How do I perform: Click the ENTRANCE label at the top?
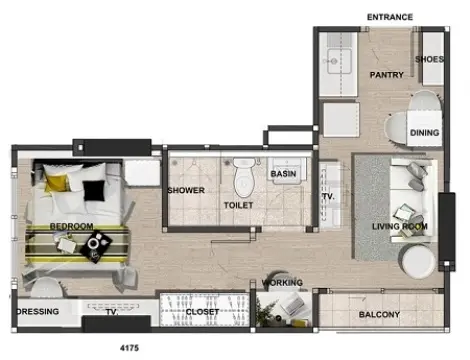pyautogui.click(x=390, y=17)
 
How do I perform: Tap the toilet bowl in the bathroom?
pyautogui.click(x=245, y=178)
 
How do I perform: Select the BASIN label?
pyautogui.click(x=283, y=174)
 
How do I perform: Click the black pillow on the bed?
pyautogui.click(x=94, y=191)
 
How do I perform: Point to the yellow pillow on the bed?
pyautogui.click(x=57, y=182)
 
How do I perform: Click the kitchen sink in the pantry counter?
pyautogui.click(x=339, y=61)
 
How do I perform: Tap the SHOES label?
pyautogui.click(x=429, y=59)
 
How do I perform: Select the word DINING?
pyautogui.click(x=424, y=133)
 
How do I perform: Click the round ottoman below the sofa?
pyautogui.click(x=417, y=261)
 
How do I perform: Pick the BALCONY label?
pyautogui.click(x=379, y=314)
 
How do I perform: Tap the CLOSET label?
pyautogui.click(x=202, y=312)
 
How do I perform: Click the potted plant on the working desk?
pyautogui.click(x=267, y=312)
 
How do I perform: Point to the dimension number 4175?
pyautogui.click(x=129, y=348)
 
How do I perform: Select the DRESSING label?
pyautogui.click(x=38, y=311)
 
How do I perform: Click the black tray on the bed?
pyautogui.click(x=96, y=246)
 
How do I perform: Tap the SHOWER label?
pyautogui.click(x=186, y=190)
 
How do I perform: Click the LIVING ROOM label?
pyautogui.click(x=400, y=227)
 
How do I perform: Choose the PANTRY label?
pyautogui.click(x=387, y=75)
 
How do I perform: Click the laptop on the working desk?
pyautogui.click(x=291, y=304)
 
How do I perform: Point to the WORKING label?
pyautogui.click(x=282, y=283)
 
